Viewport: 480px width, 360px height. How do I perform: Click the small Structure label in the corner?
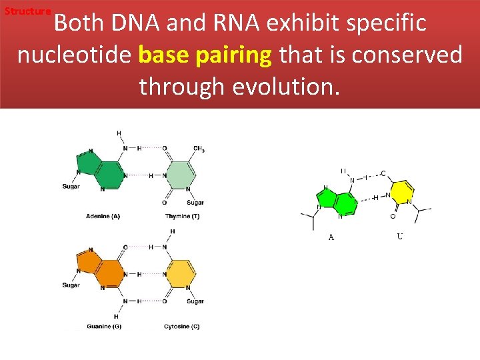tap(27, 11)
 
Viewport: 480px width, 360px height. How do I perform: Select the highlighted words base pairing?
tap(205, 55)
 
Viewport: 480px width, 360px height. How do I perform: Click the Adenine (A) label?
tap(103, 216)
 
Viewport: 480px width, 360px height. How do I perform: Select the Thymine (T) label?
tap(182, 216)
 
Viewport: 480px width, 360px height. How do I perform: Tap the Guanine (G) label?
tap(103, 327)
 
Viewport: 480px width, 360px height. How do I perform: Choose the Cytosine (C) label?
tap(181, 327)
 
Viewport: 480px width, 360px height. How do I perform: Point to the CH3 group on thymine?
tap(199, 148)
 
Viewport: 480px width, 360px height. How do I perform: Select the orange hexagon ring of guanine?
tap(111, 274)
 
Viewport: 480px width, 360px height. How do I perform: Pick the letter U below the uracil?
tap(399, 236)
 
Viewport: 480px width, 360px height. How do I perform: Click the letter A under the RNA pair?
tap(331, 237)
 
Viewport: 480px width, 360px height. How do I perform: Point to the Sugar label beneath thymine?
tap(195, 203)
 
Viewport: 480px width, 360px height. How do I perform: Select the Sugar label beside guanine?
tap(71, 285)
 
